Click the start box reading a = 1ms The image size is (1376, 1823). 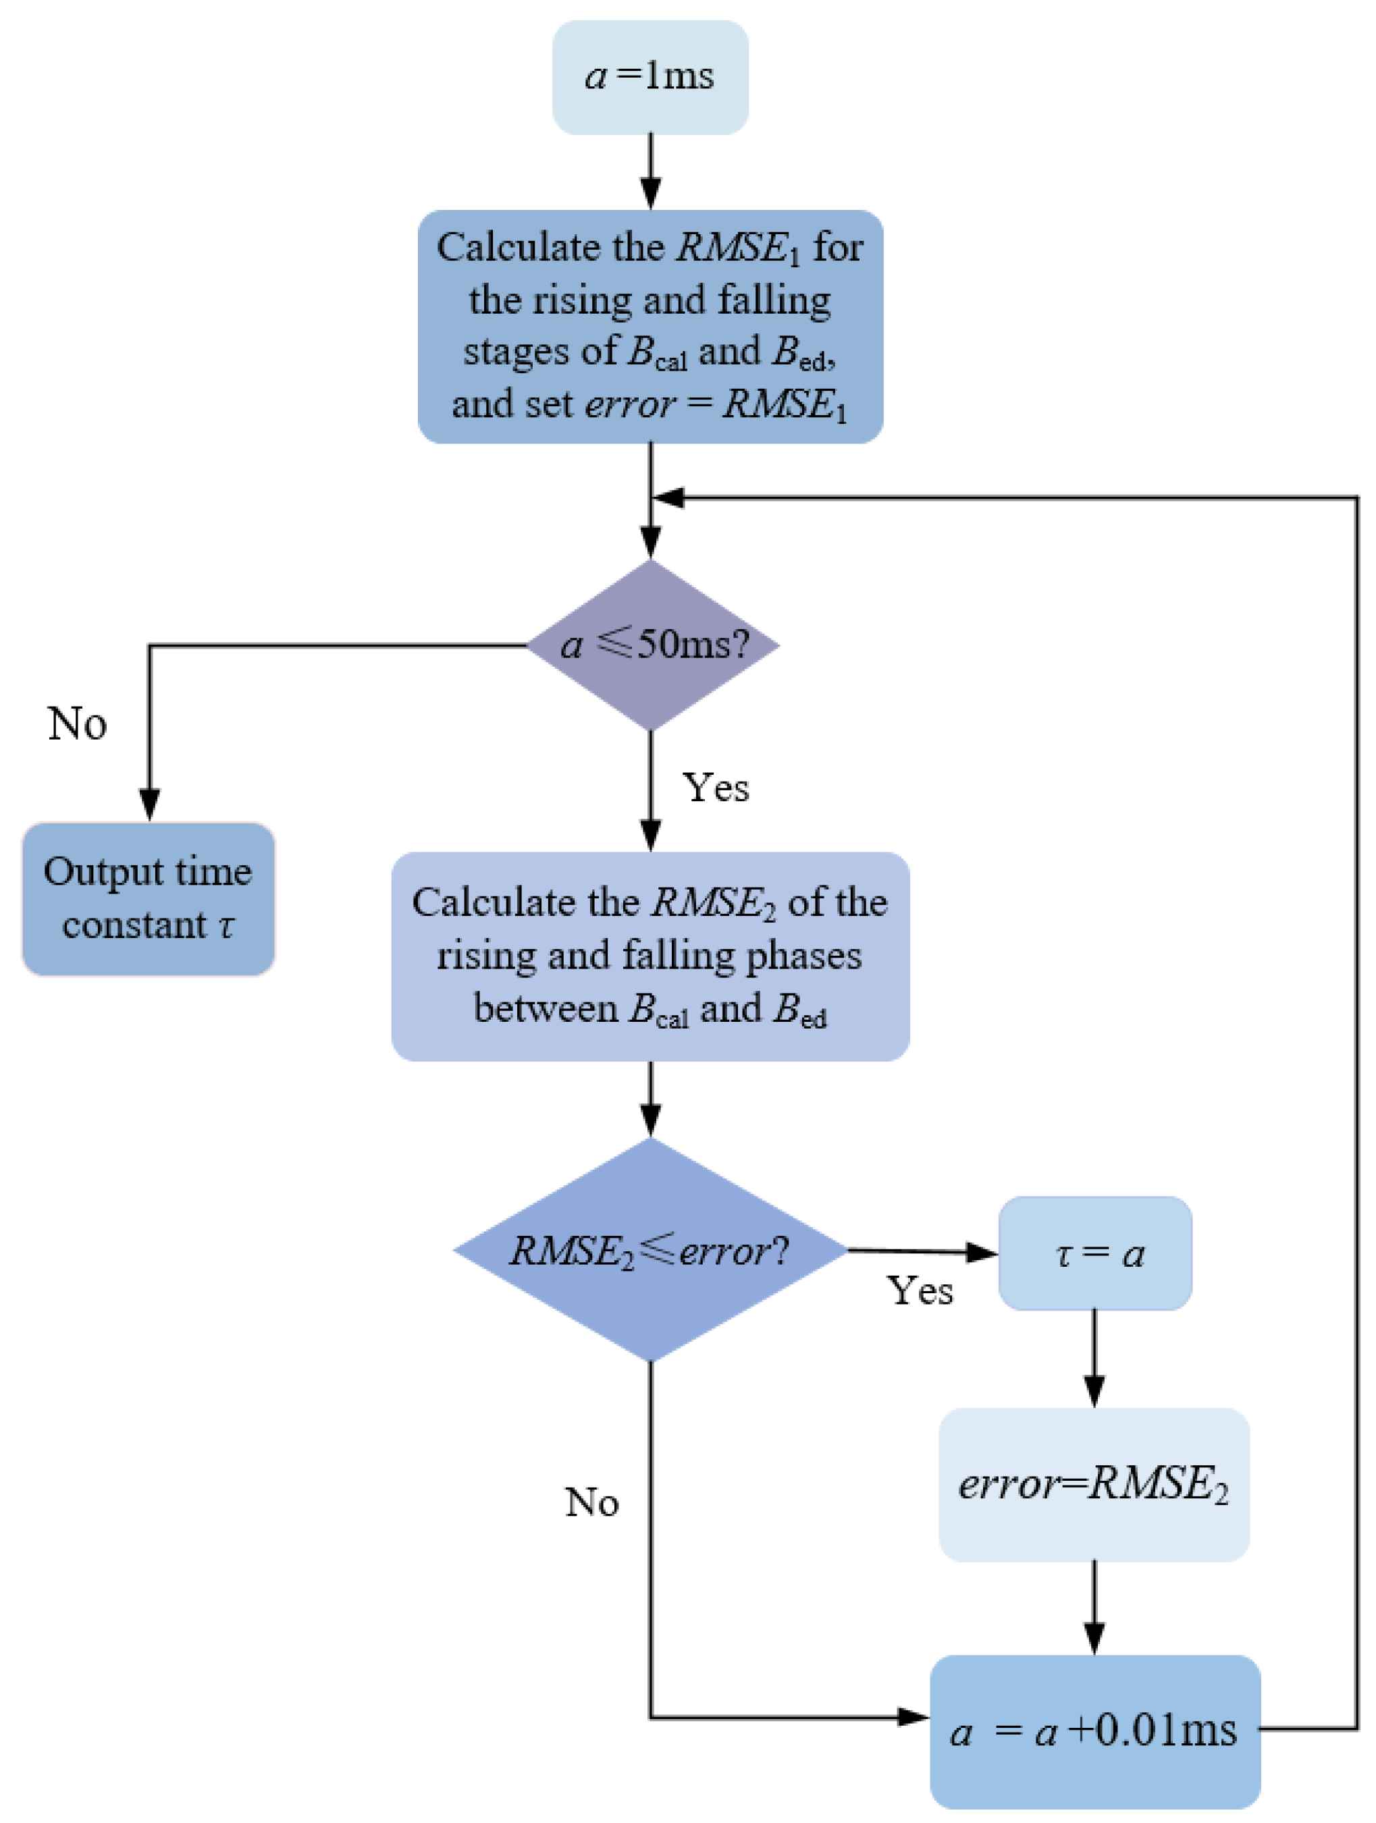coord(650,78)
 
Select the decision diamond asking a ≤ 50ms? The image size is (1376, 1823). coord(652,645)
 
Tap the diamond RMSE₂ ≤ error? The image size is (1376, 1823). coord(650,1250)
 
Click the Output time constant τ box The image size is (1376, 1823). coord(149,898)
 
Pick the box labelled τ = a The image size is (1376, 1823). coord(1095,1253)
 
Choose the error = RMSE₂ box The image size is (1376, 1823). coord(1093,1484)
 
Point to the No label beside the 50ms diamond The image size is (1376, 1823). coord(77,724)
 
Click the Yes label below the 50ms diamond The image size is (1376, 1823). coord(716,788)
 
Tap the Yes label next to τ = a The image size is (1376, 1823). coord(920,1290)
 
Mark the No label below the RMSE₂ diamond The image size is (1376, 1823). coord(591,1502)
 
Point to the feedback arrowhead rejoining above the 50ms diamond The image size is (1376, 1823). coord(668,498)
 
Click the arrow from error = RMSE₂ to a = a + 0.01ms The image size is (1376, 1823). coord(1094,1607)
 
